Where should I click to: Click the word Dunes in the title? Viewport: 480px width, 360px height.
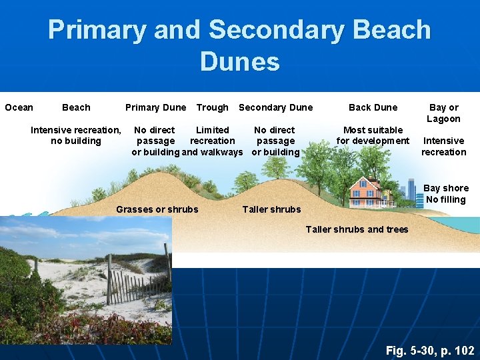[x=239, y=62]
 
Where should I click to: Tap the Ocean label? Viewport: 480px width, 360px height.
[x=19, y=107]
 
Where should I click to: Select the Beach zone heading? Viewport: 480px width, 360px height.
[x=76, y=107]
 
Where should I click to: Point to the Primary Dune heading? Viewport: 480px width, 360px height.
[x=155, y=107]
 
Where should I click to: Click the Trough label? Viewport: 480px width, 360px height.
[x=212, y=107]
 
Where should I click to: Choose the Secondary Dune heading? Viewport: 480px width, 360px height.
[x=275, y=107]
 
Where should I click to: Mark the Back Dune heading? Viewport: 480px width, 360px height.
[x=373, y=107]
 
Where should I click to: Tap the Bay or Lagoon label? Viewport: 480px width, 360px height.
[x=443, y=113]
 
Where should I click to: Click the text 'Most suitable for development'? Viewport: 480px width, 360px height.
[x=373, y=135]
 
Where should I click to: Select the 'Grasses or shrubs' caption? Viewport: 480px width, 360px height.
[x=157, y=209]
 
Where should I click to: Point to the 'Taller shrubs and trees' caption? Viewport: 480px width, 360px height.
[x=357, y=230]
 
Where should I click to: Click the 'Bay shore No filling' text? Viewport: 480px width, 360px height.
[x=446, y=193]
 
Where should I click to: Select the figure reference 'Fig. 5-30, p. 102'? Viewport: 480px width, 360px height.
[x=430, y=350]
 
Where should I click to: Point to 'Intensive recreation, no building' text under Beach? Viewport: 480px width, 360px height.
[x=75, y=135]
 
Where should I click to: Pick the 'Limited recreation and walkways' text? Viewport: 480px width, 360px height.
[x=212, y=141]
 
